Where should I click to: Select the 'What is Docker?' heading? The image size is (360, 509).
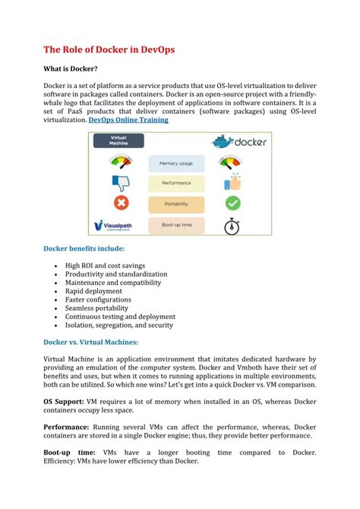[x=70, y=69]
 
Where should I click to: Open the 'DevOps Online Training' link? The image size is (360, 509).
[x=128, y=120]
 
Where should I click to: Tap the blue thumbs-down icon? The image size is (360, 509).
[x=120, y=182]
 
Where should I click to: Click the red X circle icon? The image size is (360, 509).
[x=120, y=204]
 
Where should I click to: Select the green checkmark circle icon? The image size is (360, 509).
[x=233, y=204]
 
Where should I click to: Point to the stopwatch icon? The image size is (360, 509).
[x=233, y=226]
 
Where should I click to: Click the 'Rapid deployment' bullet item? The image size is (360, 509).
[x=93, y=291]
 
